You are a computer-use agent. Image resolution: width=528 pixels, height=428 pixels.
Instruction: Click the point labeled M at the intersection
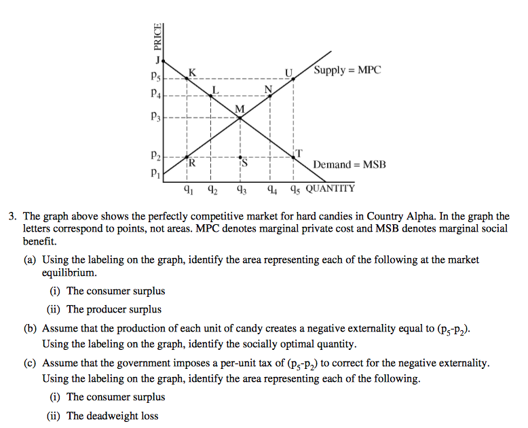(x=240, y=118)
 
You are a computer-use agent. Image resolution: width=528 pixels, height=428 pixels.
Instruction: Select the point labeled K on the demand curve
(x=186, y=79)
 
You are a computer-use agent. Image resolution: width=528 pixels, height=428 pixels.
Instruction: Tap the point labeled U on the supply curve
(x=293, y=79)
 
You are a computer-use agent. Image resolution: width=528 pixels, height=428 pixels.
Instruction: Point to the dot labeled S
(x=240, y=157)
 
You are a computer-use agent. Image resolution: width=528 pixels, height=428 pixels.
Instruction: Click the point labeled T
(x=293, y=157)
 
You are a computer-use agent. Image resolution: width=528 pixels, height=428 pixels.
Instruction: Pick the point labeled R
(x=186, y=157)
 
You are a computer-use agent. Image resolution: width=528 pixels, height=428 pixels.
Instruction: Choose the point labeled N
(x=270, y=96)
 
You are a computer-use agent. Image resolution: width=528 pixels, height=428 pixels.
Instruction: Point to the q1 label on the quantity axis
(x=189, y=190)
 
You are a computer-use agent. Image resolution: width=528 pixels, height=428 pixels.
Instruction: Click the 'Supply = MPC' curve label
(x=347, y=70)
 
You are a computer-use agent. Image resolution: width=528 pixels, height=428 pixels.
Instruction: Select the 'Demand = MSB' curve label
(x=349, y=164)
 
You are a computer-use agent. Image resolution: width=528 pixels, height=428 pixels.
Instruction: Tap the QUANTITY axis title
(x=330, y=188)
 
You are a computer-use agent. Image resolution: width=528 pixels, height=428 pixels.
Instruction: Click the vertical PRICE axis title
(x=158, y=37)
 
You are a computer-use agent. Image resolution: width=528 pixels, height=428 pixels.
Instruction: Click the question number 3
(x=12, y=217)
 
